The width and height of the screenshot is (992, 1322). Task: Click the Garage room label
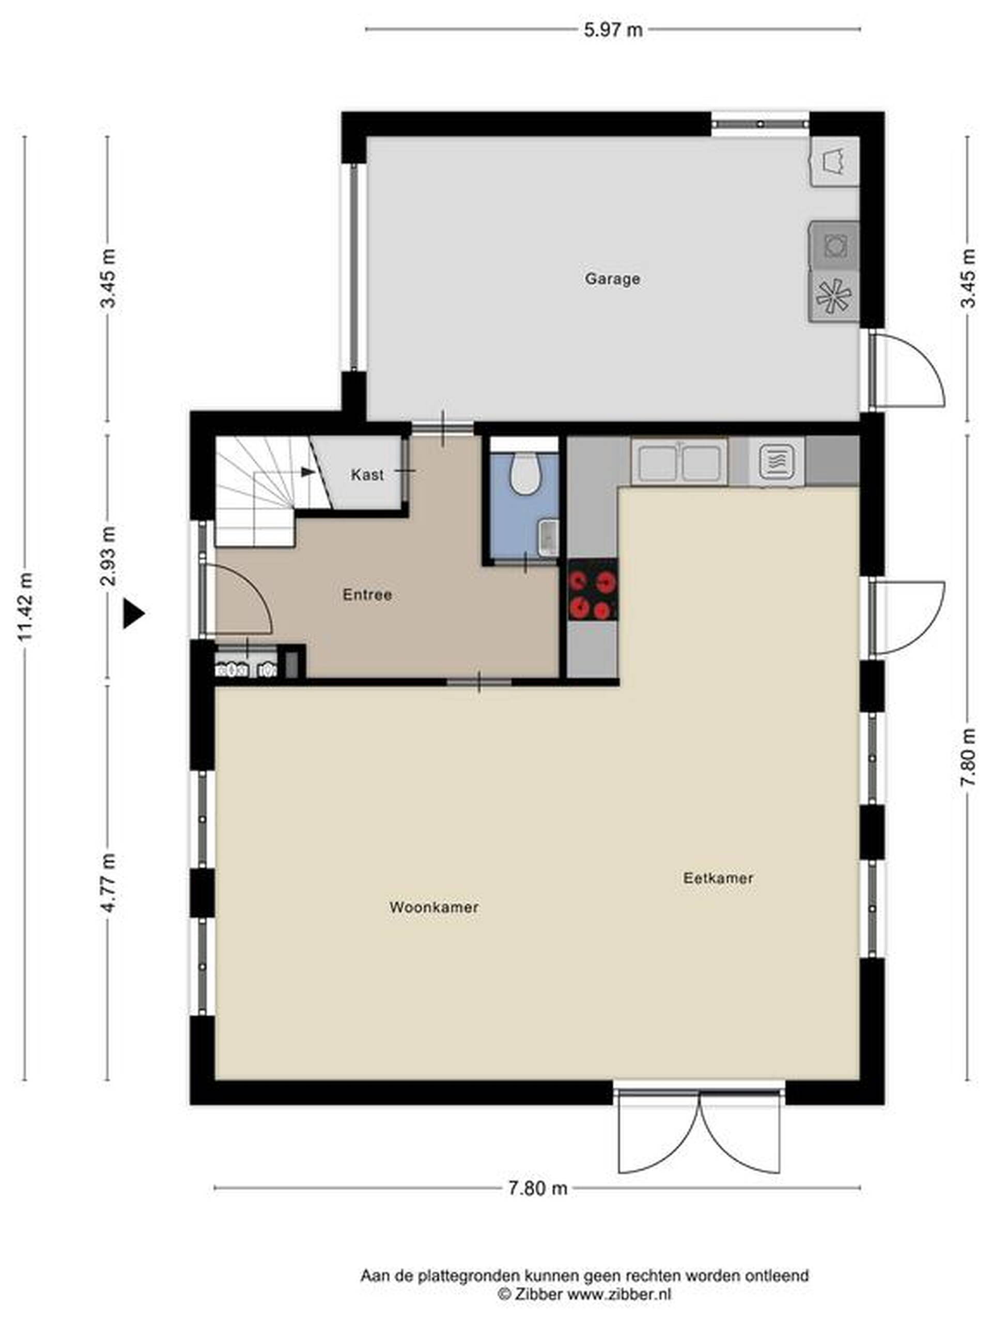(x=612, y=278)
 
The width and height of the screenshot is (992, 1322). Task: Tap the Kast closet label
(x=367, y=475)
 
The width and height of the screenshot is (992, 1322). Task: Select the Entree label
(x=367, y=595)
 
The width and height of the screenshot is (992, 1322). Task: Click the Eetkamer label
(x=718, y=878)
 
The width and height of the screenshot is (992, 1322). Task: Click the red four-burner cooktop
(x=592, y=590)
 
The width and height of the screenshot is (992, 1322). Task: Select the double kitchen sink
(x=679, y=462)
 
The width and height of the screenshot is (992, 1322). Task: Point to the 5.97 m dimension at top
(x=613, y=30)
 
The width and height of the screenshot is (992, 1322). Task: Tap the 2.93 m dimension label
(x=108, y=556)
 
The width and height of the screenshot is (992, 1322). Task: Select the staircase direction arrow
(x=307, y=472)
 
